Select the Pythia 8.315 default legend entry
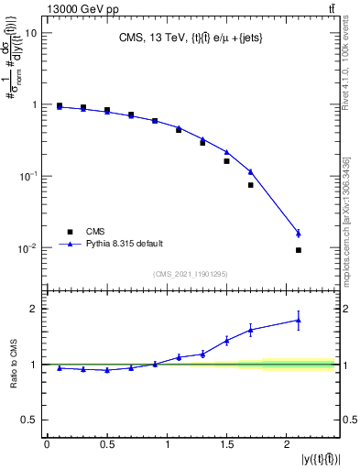125,244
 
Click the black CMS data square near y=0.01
299,250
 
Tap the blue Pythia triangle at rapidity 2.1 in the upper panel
299,234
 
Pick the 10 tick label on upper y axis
30,33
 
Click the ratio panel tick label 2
34,309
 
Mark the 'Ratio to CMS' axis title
12,365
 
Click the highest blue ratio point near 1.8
299,320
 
